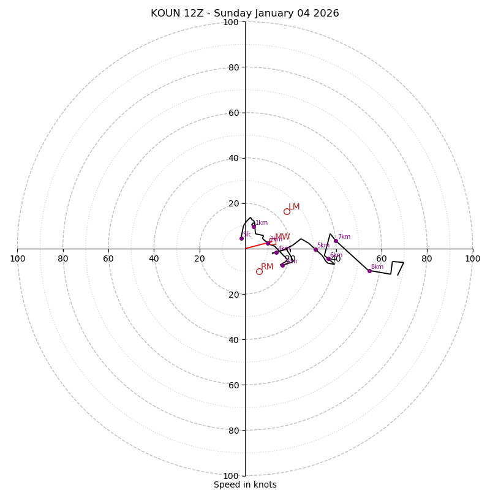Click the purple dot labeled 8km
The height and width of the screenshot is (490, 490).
[x=369, y=271]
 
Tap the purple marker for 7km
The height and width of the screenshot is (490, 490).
[x=336, y=241]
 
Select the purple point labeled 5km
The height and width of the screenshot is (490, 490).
[x=315, y=249]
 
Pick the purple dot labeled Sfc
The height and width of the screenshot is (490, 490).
[x=241, y=238]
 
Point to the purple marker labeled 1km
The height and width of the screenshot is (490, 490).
[x=254, y=227]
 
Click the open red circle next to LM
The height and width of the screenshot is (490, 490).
[x=287, y=211]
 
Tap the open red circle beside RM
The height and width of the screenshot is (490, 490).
[x=259, y=271]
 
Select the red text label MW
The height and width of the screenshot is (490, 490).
[x=282, y=237]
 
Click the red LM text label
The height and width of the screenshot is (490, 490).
[x=294, y=207]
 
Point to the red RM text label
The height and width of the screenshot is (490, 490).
[x=267, y=267]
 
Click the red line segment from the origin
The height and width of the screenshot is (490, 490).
[x=256, y=246]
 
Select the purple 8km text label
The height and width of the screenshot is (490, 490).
[x=377, y=267]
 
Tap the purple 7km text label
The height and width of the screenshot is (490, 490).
[x=344, y=237]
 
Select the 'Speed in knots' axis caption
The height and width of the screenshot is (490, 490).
[x=245, y=484]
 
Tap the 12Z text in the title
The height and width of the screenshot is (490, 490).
[x=195, y=13]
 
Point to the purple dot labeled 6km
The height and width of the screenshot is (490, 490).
[x=328, y=258]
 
